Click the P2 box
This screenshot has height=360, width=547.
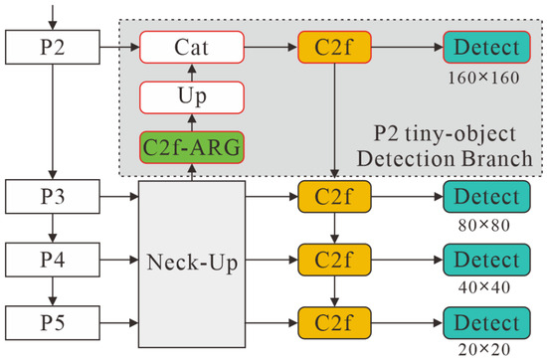[x=53, y=47]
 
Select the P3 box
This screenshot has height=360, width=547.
[x=53, y=196]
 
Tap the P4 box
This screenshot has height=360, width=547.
[x=53, y=260]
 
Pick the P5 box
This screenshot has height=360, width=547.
[x=53, y=322]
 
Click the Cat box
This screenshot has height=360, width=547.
[x=192, y=47]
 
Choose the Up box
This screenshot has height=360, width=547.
[x=192, y=97]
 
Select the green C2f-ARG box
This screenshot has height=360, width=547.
[x=192, y=147]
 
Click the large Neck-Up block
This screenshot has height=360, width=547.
[x=192, y=265]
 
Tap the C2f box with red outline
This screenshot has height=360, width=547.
[x=334, y=47]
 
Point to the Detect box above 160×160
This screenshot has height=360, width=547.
[x=486, y=47]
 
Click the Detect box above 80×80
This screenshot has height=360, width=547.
[x=486, y=196]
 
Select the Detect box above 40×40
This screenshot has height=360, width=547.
[x=486, y=260]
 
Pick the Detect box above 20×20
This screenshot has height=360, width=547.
[x=486, y=322]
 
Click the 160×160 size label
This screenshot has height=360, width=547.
[x=483, y=78]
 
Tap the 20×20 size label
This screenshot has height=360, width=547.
[x=484, y=349]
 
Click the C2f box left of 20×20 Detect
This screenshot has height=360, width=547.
[x=334, y=322]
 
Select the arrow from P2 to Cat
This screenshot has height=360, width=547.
[x=119, y=47]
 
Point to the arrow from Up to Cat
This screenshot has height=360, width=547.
[x=192, y=73]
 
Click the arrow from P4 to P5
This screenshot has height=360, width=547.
[x=53, y=291]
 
